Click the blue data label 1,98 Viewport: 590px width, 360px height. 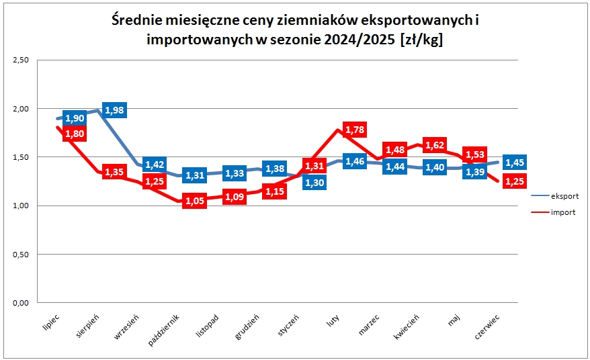[x=115, y=110]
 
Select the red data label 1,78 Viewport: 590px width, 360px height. [x=355, y=130]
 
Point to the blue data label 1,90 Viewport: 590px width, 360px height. [x=75, y=118]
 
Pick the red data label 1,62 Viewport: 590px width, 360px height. [x=435, y=144]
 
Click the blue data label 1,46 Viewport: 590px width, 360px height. [x=355, y=161]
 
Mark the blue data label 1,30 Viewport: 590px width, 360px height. [x=314, y=182]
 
